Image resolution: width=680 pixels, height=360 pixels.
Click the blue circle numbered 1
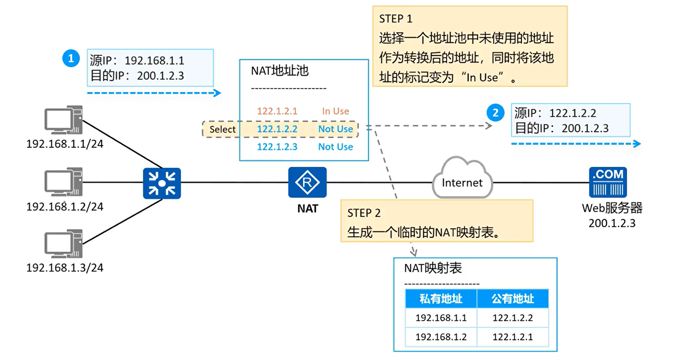pyautogui.click(x=71, y=58)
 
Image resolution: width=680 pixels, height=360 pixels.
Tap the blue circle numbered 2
pyautogui.click(x=495, y=113)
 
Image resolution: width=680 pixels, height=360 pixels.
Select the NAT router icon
pyautogui.click(x=307, y=182)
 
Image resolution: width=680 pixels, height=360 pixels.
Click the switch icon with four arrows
pyautogui.click(x=162, y=183)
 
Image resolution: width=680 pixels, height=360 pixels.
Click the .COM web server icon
pyautogui.click(x=608, y=182)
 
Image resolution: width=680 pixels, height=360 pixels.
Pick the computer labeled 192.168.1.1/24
pyautogui.click(x=64, y=120)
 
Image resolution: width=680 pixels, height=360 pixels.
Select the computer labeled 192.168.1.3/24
pyautogui.click(x=64, y=244)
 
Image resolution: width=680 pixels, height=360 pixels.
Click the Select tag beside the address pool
pyautogui.click(x=222, y=129)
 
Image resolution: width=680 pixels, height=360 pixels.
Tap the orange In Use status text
pyautogui.click(x=336, y=111)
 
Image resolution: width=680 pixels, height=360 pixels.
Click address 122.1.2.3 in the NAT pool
pyautogui.click(x=277, y=147)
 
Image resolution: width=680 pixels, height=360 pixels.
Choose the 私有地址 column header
pyautogui.click(x=441, y=299)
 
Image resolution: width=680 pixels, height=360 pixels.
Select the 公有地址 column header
pyautogui.click(x=513, y=299)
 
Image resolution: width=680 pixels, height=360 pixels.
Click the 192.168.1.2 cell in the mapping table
pyautogui.click(x=441, y=337)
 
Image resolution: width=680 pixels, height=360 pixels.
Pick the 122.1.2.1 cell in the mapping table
pyautogui.click(x=512, y=337)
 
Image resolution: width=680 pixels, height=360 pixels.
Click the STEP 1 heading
pyautogui.click(x=396, y=19)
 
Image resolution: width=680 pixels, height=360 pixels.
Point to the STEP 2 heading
pyautogui.click(x=364, y=213)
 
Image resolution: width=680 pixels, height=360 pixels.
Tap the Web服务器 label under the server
pyautogui.click(x=612, y=208)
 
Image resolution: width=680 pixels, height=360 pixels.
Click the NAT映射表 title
pyautogui.click(x=433, y=268)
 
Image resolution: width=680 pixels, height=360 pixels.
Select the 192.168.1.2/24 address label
pyautogui.click(x=65, y=207)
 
